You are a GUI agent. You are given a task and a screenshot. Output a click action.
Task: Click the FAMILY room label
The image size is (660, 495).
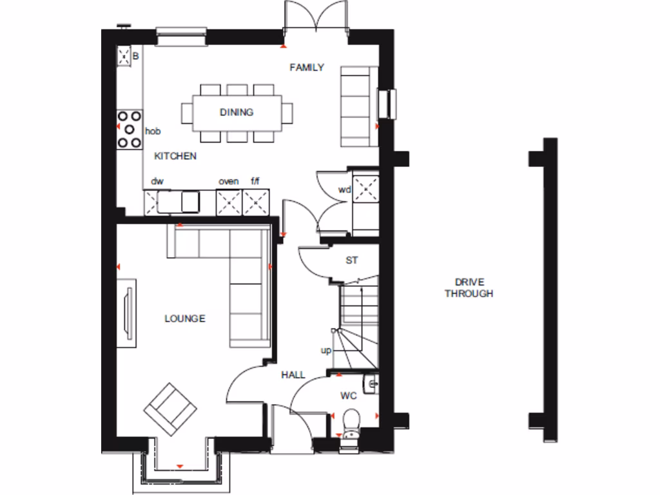pyautogui.click(x=306, y=67)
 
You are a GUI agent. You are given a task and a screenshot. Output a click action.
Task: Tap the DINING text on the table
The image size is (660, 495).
pyautogui.click(x=237, y=112)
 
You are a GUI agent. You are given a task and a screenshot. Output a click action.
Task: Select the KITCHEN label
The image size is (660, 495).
pyautogui.click(x=175, y=156)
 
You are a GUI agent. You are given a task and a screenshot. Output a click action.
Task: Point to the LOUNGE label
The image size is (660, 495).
pyautogui.click(x=185, y=318)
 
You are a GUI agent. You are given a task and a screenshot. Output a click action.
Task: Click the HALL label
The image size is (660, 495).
pyautogui.click(x=293, y=374)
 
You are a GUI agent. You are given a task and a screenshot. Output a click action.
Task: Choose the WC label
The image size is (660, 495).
pyautogui.click(x=349, y=395)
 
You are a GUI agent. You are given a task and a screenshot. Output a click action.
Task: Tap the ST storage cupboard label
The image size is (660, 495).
pyautogui.click(x=351, y=260)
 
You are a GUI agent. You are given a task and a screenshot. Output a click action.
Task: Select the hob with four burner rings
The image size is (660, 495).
pyautogui.click(x=129, y=130)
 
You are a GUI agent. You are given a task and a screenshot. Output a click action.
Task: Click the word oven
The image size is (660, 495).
pyautogui.click(x=228, y=181)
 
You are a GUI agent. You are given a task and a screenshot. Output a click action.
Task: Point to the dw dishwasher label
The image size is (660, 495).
pyautogui.click(x=157, y=181)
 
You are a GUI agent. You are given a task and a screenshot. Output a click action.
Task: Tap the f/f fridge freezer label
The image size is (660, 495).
pyautogui.click(x=255, y=181)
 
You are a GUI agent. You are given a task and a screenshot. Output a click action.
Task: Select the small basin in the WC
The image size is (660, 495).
pyautogui.click(x=370, y=384)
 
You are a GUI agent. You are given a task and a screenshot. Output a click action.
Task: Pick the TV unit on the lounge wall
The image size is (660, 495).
pyautogui.click(x=127, y=312)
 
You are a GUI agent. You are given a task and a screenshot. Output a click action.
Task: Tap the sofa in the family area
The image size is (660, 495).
pyautogui.click(x=358, y=106)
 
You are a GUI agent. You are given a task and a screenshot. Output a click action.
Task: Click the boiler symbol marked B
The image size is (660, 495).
pyautogui.click(x=124, y=57)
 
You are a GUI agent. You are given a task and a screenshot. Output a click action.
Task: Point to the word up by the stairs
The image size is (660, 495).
pyautogui.click(x=326, y=350)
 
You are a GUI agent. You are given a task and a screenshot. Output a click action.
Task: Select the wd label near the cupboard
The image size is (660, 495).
pyautogui.click(x=345, y=189)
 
